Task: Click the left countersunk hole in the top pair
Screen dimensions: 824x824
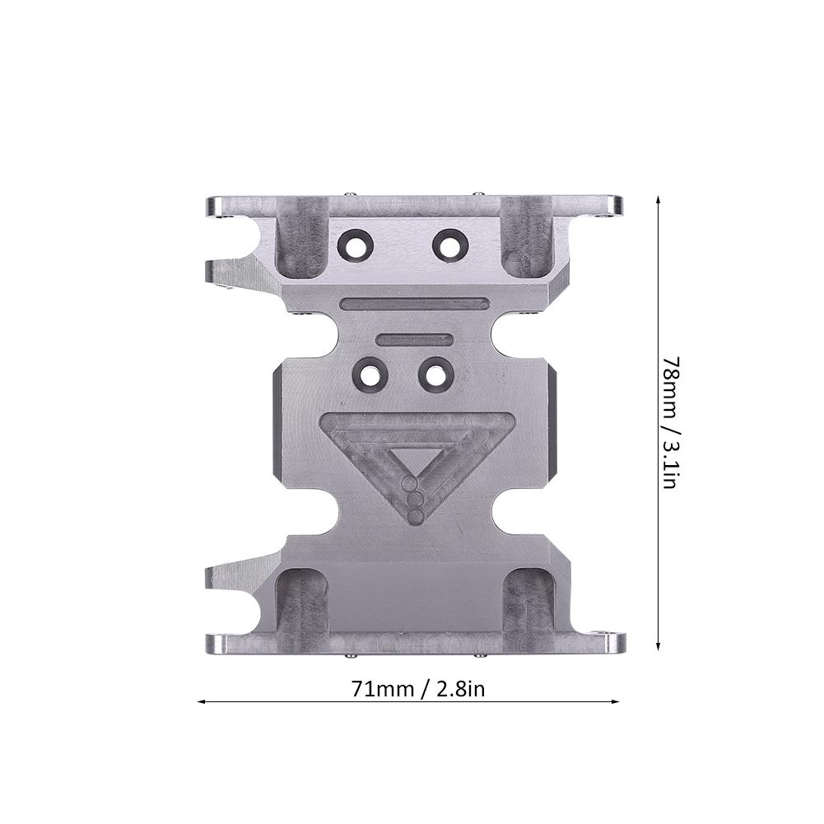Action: (356, 244)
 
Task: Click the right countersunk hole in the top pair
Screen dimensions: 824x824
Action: (450, 244)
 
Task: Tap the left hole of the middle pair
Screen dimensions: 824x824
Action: (370, 375)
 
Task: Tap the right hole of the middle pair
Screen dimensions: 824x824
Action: (436, 375)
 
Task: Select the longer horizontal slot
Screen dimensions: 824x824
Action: (415, 304)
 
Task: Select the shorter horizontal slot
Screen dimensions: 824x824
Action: (414, 339)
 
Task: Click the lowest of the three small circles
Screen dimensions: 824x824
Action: (416, 516)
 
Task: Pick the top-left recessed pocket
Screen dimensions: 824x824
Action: (301, 236)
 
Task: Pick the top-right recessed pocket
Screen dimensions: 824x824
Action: (527, 236)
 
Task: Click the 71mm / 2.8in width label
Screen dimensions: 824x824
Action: (418, 688)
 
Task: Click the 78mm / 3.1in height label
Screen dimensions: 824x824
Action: (669, 422)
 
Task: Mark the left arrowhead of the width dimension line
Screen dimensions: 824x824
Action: (202, 702)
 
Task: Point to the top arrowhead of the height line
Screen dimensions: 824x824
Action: (658, 199)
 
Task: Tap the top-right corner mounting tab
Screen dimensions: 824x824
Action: (606, 204)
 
